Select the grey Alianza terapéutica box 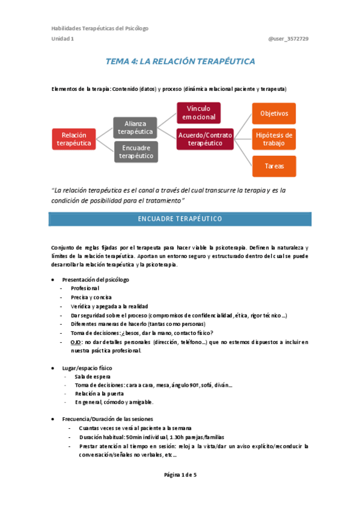pos(135,127)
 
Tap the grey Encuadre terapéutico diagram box pos(135,152)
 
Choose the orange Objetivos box pos(273,113)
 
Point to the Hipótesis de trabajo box pos(273,139)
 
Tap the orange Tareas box pos(273,165)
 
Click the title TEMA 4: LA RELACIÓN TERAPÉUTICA pos(180,61)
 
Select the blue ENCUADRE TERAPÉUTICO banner pos(180,218)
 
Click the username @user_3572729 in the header pos(288,39)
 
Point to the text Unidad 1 pos(63,39)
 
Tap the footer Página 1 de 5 pos(180,475)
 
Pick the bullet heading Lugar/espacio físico pos(87,367)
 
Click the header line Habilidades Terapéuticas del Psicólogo pos(100,28)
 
